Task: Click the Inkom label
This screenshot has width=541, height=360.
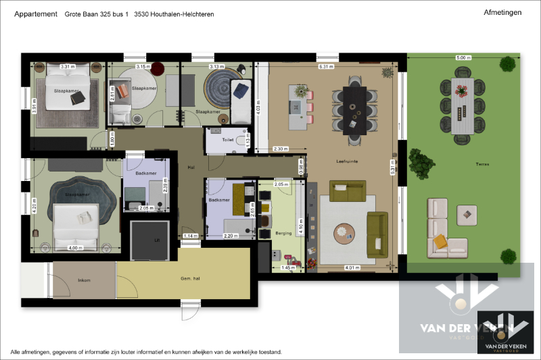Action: coord(85,280)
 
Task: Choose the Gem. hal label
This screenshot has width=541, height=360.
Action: coord(190,279)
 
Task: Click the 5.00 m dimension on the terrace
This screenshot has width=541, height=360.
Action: coord(463,58)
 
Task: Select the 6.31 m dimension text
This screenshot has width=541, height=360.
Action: coord(327,67)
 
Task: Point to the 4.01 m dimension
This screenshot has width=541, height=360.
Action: coord(352,267)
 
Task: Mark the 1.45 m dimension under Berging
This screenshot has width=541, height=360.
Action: coord(288,267)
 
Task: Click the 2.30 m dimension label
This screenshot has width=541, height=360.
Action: coord(281,149)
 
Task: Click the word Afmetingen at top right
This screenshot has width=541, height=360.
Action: coord(503,12)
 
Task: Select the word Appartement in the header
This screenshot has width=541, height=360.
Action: coord(35,14)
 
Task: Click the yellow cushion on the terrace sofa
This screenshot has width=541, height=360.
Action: coord(441,240)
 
